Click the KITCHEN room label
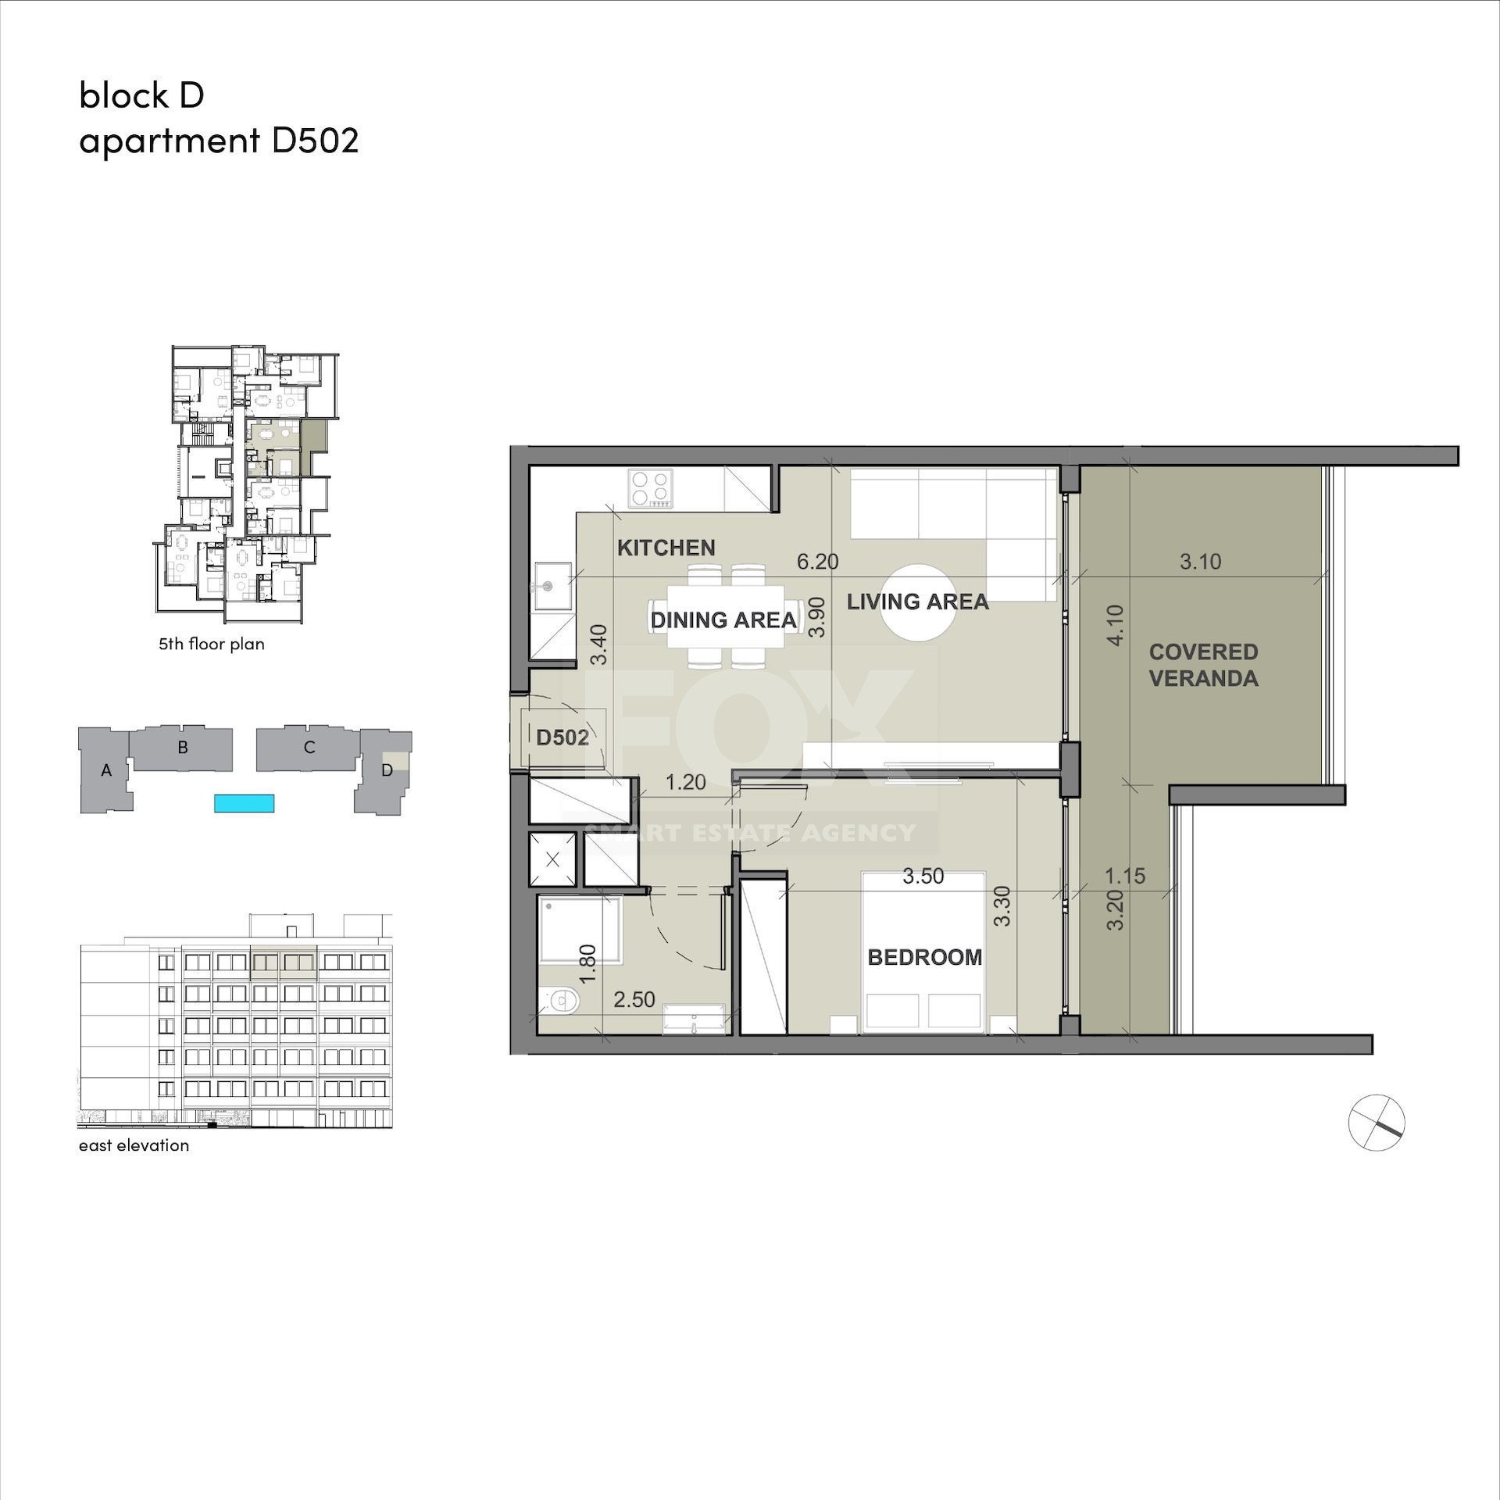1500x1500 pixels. pyautogui.click(x=666, y=548)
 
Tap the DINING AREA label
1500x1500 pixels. pyautogui.click(x=723, y=620)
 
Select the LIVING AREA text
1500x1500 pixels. pyautogui.click(x=918, y=602)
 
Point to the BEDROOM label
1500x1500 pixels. pyautogui.click(x=925, y=957)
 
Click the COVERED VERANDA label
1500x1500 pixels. pyautogui.click(x=1204, y=665)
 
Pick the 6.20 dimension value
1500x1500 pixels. pyautogui.click(x=817, y=561)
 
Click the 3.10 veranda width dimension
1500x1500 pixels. pyautogui.click(x=1200, y=561)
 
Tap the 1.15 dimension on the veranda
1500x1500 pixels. pyautogui.click(x=1125, y=876)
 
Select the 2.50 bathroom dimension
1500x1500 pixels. pyautogui.click(x=634, y=999)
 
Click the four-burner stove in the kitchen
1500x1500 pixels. pyautogui.click(x=652, y=488)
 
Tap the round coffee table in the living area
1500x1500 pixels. pyautogui.click(x=918, y=602)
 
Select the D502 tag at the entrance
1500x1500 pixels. pyautogui.click(x=562, y=737)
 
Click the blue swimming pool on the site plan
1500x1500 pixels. pyautogui.click(x=245, y=802)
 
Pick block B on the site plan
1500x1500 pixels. pyautogui.click(x=182, y=748)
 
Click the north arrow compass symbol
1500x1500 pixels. pyautogui.click(x=1377, y=1123)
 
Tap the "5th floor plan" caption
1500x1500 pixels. pyautogui.click(x=212, y=644)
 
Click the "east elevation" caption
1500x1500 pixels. pyautogui.click(x=134, y=1145)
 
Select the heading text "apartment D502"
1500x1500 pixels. pyautogui.click(x=219, y=141)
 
